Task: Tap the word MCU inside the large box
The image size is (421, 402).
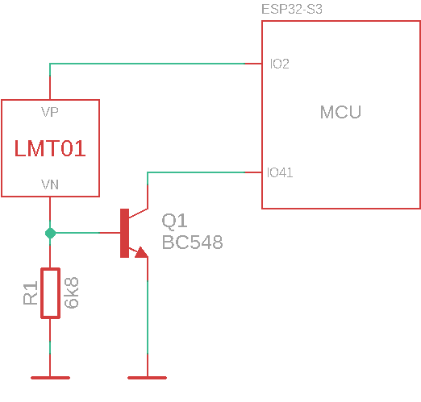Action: [x=340, y=112]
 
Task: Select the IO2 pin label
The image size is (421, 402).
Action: [x=280, y=64]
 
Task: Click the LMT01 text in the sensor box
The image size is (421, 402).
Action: [x=50, y=148]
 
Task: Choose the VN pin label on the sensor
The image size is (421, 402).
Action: [x=50, y=184]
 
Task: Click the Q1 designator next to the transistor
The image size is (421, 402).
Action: [x=174, y=221]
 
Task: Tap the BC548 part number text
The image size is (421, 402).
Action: [x=192, y=242]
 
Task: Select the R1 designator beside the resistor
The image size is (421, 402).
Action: [x=31, y=293]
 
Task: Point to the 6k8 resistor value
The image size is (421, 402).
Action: [x=71, y=293]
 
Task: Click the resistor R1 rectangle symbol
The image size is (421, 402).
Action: [x=50, y=293]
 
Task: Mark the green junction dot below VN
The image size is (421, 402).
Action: [x=50, y=233]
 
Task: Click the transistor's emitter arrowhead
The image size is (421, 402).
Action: [x=141, y=252]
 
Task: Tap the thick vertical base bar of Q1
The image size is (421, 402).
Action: [x=124, y=233]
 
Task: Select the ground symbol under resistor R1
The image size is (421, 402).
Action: [x=50, y=376]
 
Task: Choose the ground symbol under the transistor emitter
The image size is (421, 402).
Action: [x=148, y=376]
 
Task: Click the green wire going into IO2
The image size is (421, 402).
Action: [x=153, y=64]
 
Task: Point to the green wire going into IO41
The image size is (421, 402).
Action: [x=202, y=172]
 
